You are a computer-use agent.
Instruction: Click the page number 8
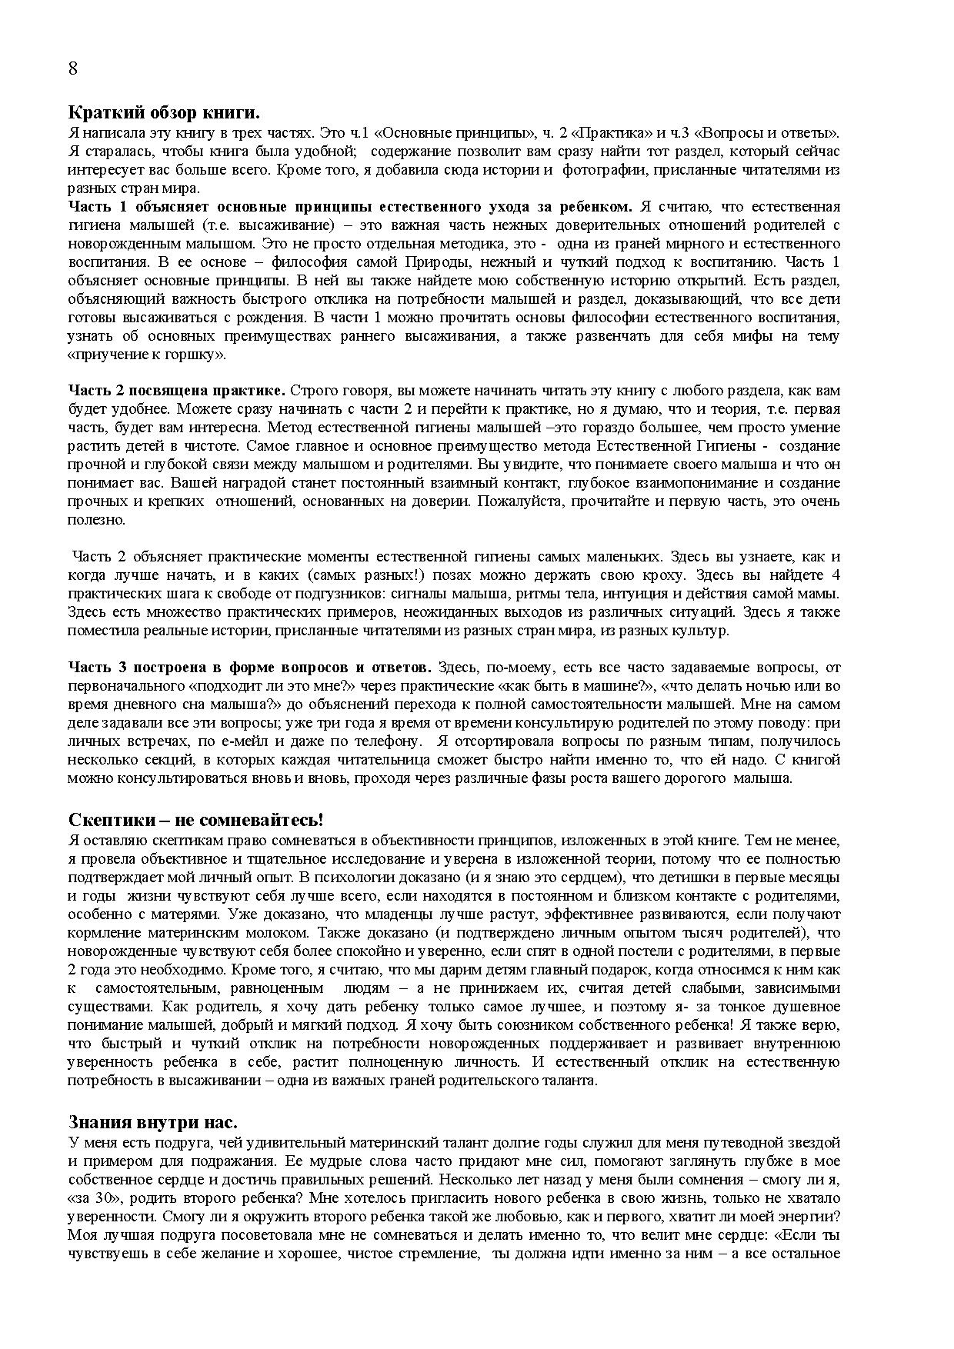(x=73, y=68)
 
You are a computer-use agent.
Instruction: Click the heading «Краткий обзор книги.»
(x=164, y=113)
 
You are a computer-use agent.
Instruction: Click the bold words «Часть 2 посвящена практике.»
(x=177, y=391)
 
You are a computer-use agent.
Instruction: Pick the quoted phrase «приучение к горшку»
(x=147, y=355)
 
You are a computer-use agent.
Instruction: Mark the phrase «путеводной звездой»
(x=775, y=1142)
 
